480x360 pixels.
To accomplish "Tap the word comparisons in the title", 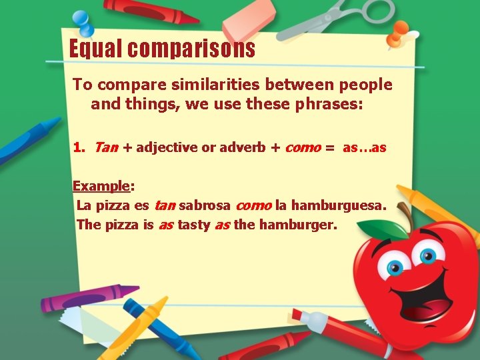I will click(193, 49).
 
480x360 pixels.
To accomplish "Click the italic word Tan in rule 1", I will click(106, 148).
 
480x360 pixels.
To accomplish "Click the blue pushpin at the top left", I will click(83, 22).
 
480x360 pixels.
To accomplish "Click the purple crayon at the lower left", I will click(87, 298).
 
